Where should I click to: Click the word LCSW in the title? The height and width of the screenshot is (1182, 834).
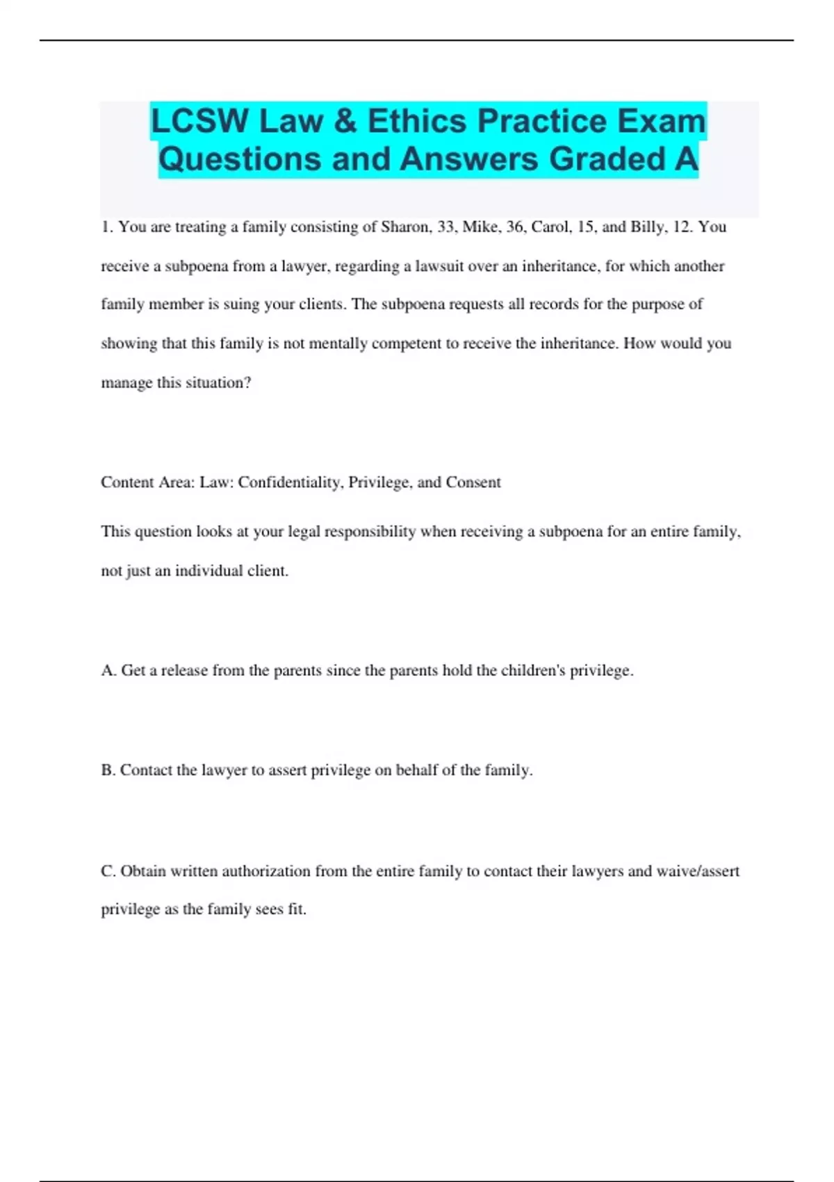(199, 122)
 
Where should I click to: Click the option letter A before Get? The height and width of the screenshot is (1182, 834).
(108, 671)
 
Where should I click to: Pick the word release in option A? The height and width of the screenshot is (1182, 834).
(184, 671)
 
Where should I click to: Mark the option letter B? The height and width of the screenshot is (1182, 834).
(107, 770)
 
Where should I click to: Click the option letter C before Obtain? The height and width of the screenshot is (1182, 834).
(107, 871)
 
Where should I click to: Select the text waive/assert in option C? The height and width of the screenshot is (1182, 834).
(698, 871)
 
